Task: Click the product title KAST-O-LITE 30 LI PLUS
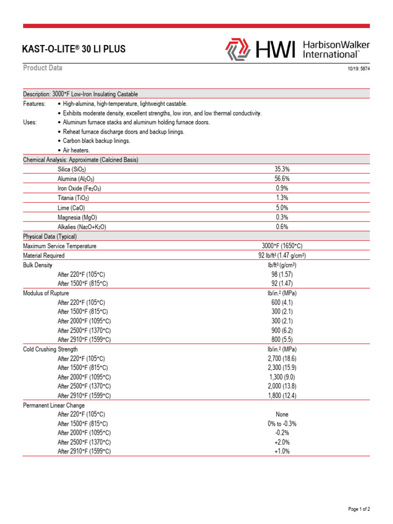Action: coord(74,50)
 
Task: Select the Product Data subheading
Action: coord(42,68)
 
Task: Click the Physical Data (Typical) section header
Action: coord(50,236)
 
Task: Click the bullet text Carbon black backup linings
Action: coord(96,141)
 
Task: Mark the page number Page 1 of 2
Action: coord(359,509)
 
